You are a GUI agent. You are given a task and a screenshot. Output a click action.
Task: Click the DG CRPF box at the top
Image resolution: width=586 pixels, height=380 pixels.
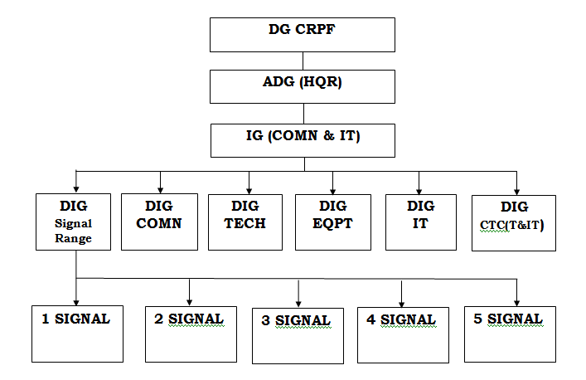(x=302, y=34)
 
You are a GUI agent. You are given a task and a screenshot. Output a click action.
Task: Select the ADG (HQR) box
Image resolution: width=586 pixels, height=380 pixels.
(x=302, y=85)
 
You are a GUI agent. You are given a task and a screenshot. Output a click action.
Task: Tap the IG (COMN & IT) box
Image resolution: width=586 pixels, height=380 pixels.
(x=302, y=139)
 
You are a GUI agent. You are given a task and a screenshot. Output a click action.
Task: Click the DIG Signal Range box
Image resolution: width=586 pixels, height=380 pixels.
(x=75, y=222)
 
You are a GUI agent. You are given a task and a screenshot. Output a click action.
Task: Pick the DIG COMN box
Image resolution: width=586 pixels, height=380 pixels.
(x=159, y=222)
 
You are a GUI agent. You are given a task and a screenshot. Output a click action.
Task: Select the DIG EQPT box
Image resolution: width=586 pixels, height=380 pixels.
(x=332, y=222)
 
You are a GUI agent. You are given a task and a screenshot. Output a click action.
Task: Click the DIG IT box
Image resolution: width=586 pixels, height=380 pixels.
(x=420, y=222)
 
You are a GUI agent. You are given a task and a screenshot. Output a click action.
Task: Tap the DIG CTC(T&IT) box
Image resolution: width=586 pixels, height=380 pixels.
(x=513, y=222)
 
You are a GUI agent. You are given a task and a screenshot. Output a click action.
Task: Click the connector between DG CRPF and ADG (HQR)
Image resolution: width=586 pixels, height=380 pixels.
(x=302, y=61)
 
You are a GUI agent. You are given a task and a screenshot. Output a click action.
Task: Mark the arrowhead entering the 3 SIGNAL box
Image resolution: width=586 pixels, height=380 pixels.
(x=298, y=303)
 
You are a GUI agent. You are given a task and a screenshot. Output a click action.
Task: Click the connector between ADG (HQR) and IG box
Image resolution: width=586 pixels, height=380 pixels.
(x=302, y=112)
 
